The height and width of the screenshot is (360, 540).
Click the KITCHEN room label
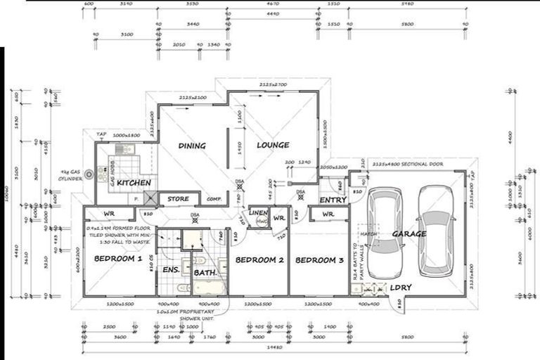[x=133, y=183]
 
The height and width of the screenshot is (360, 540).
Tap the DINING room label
[x=191, y=146]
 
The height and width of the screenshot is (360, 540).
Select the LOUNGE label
[x=273, y=146]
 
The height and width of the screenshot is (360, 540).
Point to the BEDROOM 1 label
[x=118, y=259]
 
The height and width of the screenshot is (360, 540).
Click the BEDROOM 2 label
[x=259, y=261]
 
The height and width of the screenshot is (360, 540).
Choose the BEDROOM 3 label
[x=320, y=261]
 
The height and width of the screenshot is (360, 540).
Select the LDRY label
[x=401, y=288]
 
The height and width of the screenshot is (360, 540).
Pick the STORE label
[x=178, y=200]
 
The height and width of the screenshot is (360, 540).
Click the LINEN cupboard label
[x=259, y=212]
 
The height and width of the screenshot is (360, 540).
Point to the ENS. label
[x=170, y=269]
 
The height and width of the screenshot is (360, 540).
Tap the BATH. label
[x=205, y=271]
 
